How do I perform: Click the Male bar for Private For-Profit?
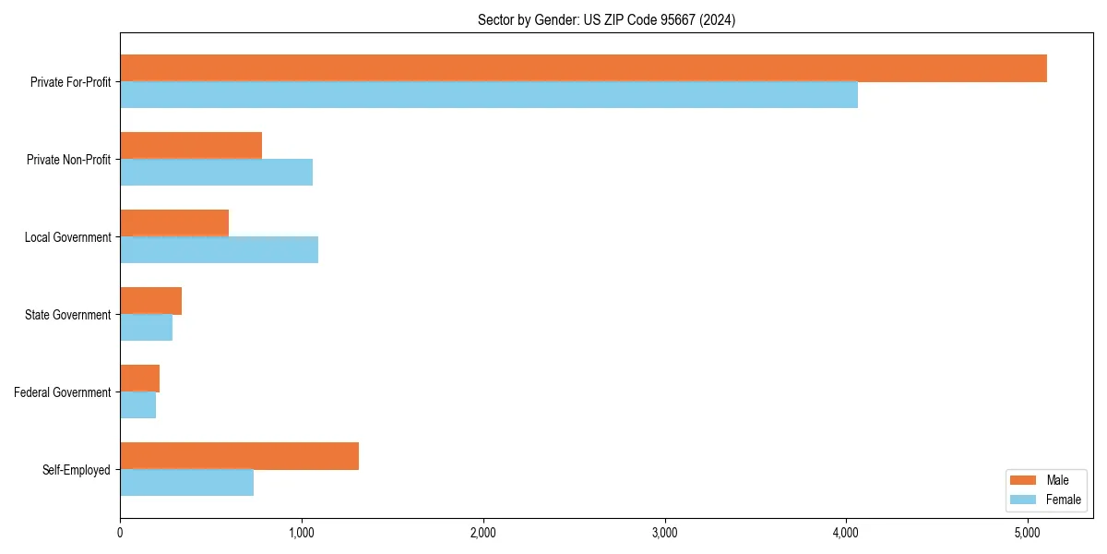[x=583, y=68]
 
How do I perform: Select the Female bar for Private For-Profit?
[x=489, y=95]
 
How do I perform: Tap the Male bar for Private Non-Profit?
[x=191, y=146]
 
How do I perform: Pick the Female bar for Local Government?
[x=219, y=250]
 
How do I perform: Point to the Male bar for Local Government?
[x=174, y=223]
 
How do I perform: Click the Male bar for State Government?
[x=150, y=301]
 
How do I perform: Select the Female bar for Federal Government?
[x=137, y=405]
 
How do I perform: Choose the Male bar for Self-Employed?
[x=239, y=456]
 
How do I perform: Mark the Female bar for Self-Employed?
[x=186, y=483]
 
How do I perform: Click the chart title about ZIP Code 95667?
[x=606, y=19]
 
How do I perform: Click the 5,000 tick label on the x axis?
[x=1028, y=533]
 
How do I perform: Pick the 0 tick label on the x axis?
[x=120, y=533]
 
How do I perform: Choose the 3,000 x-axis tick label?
[x=664, y=533]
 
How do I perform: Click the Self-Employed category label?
[x=76, y=470]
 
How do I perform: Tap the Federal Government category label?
[x=63, y=392]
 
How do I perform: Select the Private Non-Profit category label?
[x=68, y=160]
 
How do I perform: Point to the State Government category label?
[x=67, y=315]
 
